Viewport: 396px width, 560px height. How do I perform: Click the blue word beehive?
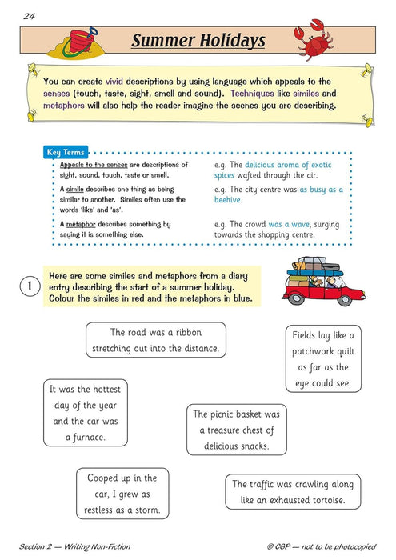230,200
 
